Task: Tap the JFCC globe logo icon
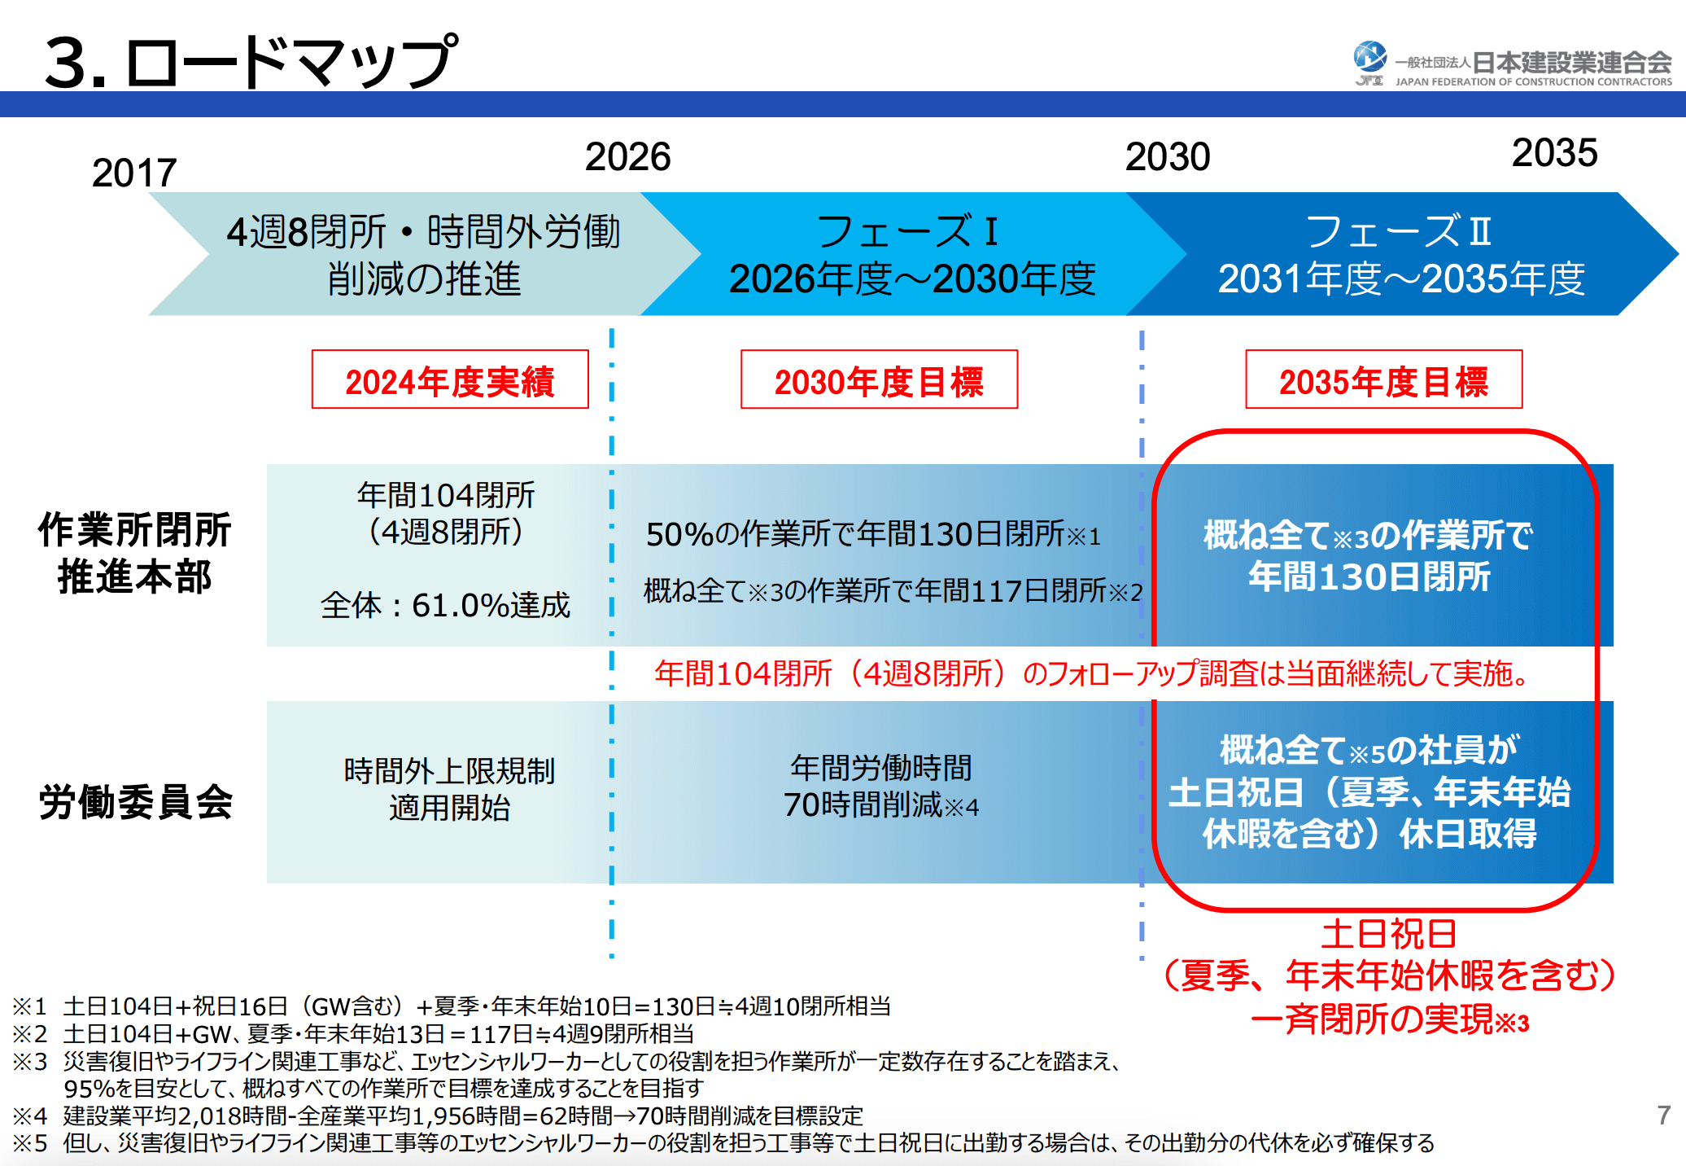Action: (1369, 59)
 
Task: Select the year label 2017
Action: (134, 173)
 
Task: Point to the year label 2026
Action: (627, 156)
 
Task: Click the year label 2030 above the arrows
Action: (1168, 156)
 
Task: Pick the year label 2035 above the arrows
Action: (1554, 153)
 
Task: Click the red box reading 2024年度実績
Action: (450, 380)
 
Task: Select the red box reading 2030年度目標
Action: (879, 380)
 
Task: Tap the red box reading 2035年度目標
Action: (1383, 380)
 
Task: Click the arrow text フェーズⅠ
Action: (907, 231)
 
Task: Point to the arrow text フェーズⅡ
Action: (1399, 231)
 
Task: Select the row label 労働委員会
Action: (136, 801)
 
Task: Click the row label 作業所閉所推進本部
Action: (134, 553)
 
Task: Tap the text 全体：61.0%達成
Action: (446, 605)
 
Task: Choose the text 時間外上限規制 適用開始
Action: (449, 788)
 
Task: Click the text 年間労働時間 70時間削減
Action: (881, 786)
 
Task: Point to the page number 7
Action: (1664, 1115)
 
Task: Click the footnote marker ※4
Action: (30, 1116)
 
